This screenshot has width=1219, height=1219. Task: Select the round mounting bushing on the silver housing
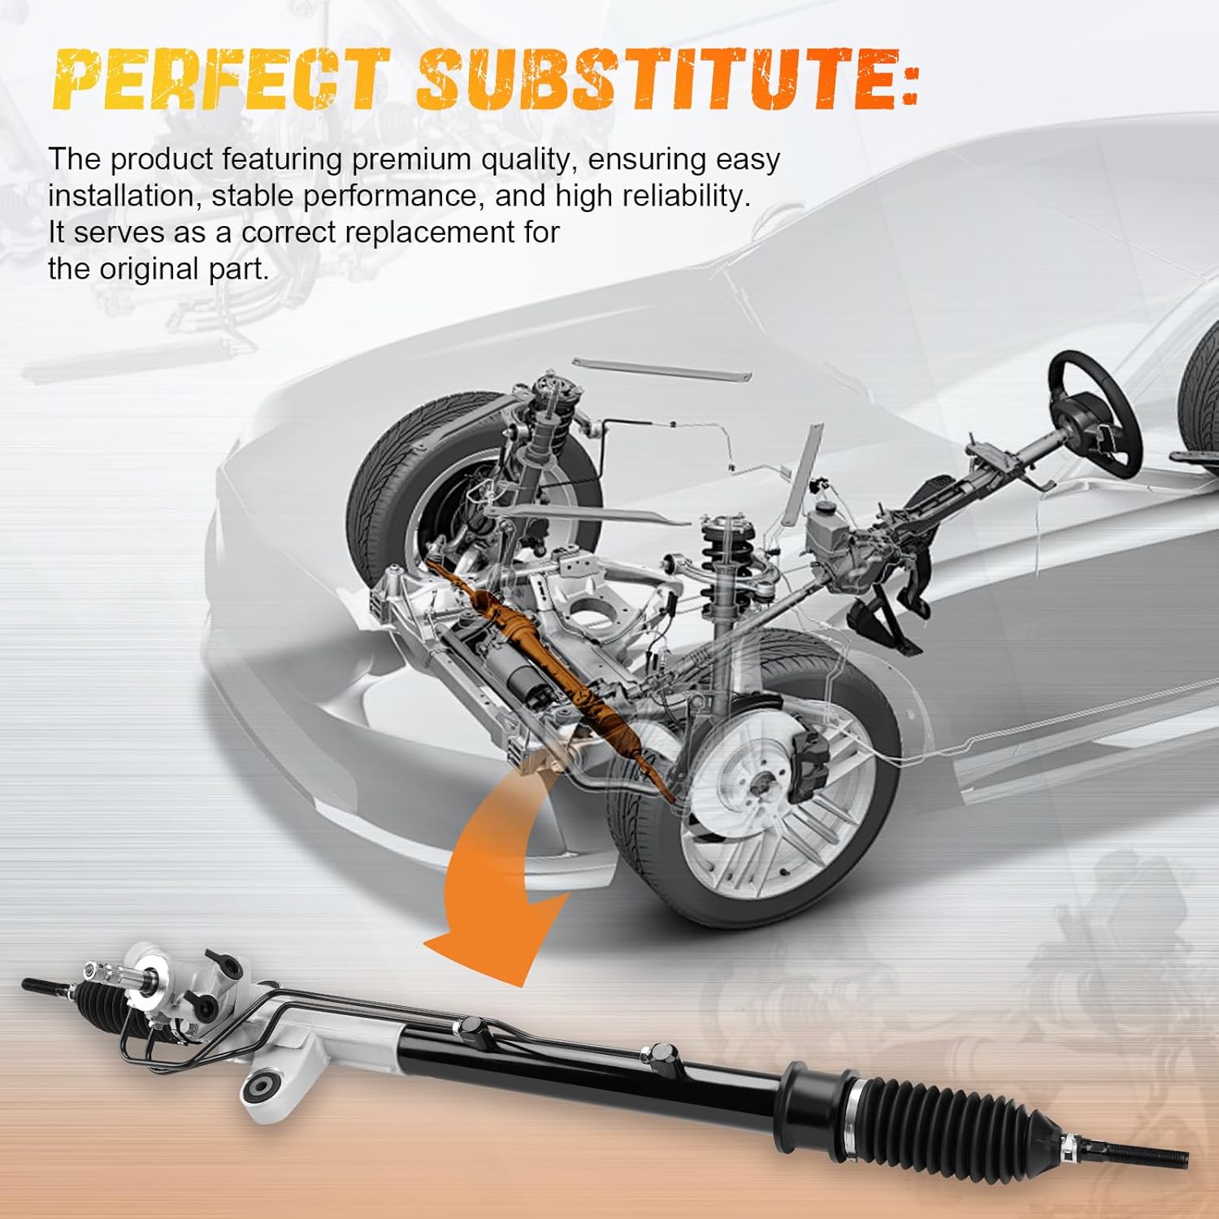[264, 1087]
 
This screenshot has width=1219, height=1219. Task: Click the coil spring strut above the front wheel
[719, 553]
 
